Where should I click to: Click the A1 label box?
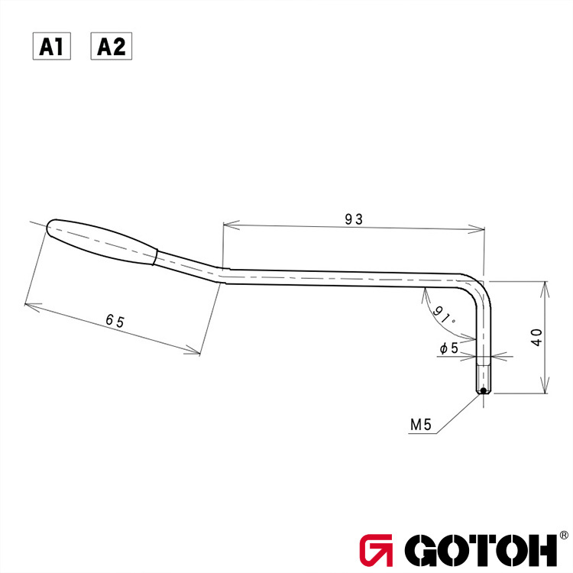pos(51,47)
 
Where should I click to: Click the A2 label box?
pos(112,47)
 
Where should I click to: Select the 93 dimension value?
pos(352,219)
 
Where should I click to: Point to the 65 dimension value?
pos(115,321)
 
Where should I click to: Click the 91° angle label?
pos(443,315)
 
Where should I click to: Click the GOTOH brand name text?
pos(481,549)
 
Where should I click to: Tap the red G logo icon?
pos(376,549)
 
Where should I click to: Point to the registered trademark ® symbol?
pos(563,536)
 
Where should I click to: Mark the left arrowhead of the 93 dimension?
pos(226,225)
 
